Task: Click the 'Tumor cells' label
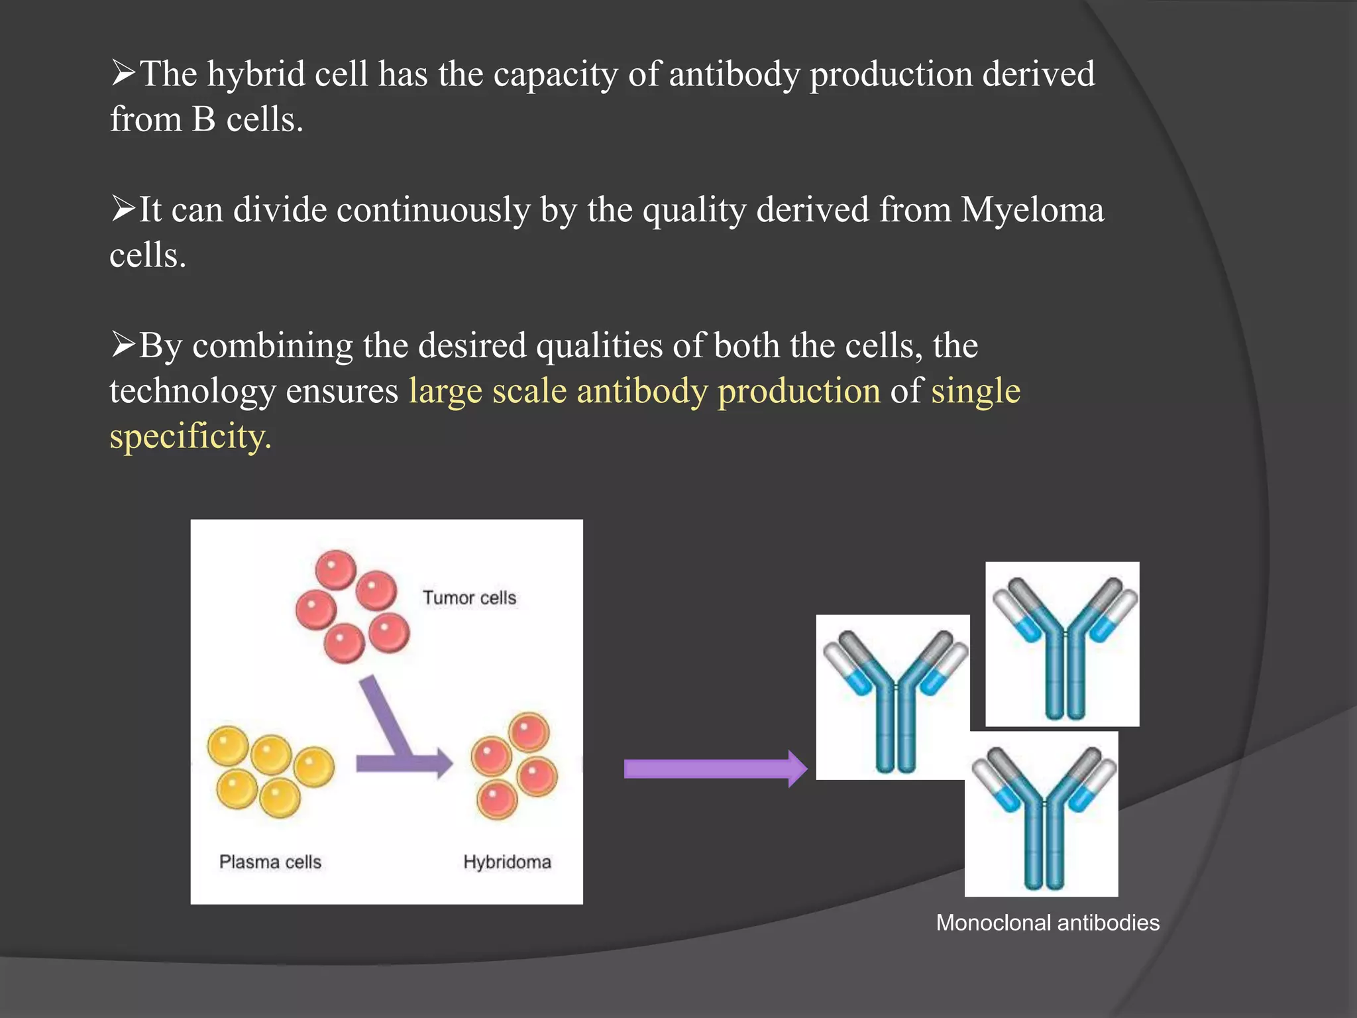pyautogui.click(x=469, y=598)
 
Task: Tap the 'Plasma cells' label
pyautogui.click(x=270, y=862)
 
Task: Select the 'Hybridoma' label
pyautogui.click(x=507, y=862)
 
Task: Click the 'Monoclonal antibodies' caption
pyautogui.click(x=1048, y=923)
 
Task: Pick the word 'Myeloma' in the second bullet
pyautogui.click(x=1032, y=210)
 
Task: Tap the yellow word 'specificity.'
pyautogui.click(x=191, y=436)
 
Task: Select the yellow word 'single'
pyautogui.click(x=975, y=391)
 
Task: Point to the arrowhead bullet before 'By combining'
pyautogui.click(x=123, y=344)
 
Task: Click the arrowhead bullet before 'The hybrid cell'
pyautogui.click(x=123, y=72)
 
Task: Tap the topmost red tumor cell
pyautogui.click(x=336, y=569)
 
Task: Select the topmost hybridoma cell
pyautogui.click(x=529, y=732)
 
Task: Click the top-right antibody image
pyautogui.click(x=1062, y=644)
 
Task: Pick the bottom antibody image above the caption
pyautogui.click(x=1041, y=814)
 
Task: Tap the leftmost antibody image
pyautogui.click(x=893, y=697)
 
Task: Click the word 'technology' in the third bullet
pyautogui.click(x=192, y=391)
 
